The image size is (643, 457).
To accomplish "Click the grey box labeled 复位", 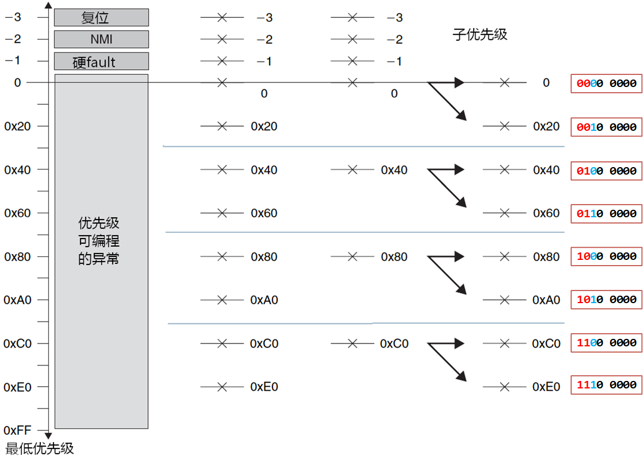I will point(101,17).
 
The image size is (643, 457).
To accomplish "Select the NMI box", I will point(101,39).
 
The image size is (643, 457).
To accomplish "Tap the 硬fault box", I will point(101,61).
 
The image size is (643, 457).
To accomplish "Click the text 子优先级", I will point(479,35).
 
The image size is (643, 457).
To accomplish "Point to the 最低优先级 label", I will point(40,448).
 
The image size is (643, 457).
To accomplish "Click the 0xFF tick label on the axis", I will point(17,430).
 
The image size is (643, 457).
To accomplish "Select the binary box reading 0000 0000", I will point(606,84).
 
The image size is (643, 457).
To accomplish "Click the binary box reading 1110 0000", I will point(606,385).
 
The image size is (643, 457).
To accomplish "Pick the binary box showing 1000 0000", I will point(606,256).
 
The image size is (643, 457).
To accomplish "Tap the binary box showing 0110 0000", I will point(606,214).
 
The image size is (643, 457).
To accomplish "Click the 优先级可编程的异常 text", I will point(99,241).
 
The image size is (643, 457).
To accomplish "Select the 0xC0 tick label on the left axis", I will point(17,343).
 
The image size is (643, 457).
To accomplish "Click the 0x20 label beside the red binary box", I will point(546,126).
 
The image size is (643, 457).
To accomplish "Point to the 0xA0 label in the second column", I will point(264,300).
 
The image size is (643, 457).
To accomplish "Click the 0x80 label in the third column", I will point(394,257).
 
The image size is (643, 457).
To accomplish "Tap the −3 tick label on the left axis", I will point(13,17).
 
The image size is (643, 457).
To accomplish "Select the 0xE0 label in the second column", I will point(264,387).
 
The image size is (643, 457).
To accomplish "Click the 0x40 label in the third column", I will point(394,170).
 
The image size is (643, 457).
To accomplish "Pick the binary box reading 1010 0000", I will point(606,300).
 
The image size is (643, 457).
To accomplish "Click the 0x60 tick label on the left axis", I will point(17,213).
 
